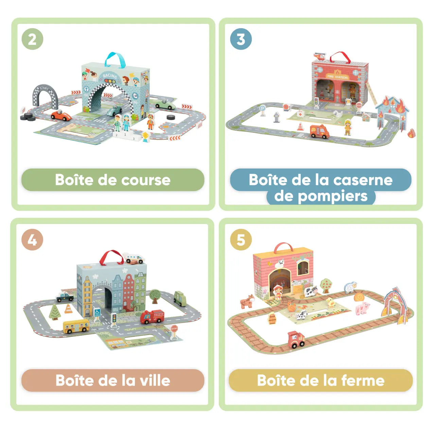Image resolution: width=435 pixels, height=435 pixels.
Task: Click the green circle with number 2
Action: click(x=32, y=39)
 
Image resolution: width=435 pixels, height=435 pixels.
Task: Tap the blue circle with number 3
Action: click(x=241, y=39)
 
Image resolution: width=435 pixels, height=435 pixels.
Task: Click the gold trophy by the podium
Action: click(x=145, y=137)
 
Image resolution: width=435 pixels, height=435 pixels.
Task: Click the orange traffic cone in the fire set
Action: click(x=300, y=127)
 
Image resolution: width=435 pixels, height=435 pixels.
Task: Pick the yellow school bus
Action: click(x=76, y=326)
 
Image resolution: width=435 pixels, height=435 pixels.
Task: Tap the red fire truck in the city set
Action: click(x=152, y=316)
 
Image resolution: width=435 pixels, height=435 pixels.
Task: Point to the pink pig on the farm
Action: click(x=362, y=308)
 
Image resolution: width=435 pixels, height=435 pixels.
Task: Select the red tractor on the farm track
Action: click(x=296, y=340)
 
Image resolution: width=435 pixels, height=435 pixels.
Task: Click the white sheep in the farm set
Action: click(x=350, y=287)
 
